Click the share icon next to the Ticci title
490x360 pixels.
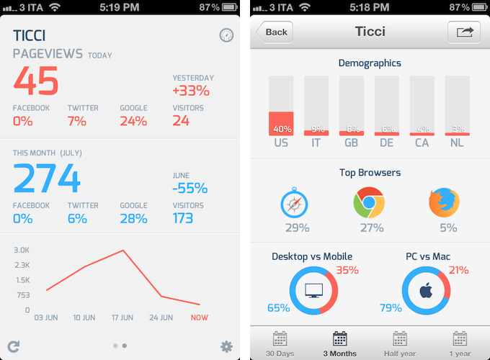click(x=463, y=32)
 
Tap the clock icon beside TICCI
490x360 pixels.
click(x=226, y=35)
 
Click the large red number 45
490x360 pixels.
click(x=36, y=81)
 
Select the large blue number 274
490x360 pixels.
click(x=47, y=178)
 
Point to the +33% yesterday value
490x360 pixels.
click(x=191, y=91)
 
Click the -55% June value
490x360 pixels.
click(x=190, y=189)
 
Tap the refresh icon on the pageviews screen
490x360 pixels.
click(x=13, y=346)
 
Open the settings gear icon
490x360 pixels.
click(x=226, y=346)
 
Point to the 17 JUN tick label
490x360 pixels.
click(x=123, y=318)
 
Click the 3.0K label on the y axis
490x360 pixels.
click(x=22, y=250)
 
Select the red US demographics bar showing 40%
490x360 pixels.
click(x=281, y=123)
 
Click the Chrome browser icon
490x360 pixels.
click(x=368, y=204)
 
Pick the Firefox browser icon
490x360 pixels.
click(x=444, y=204)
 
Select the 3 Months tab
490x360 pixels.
click(x=340, y=344)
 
